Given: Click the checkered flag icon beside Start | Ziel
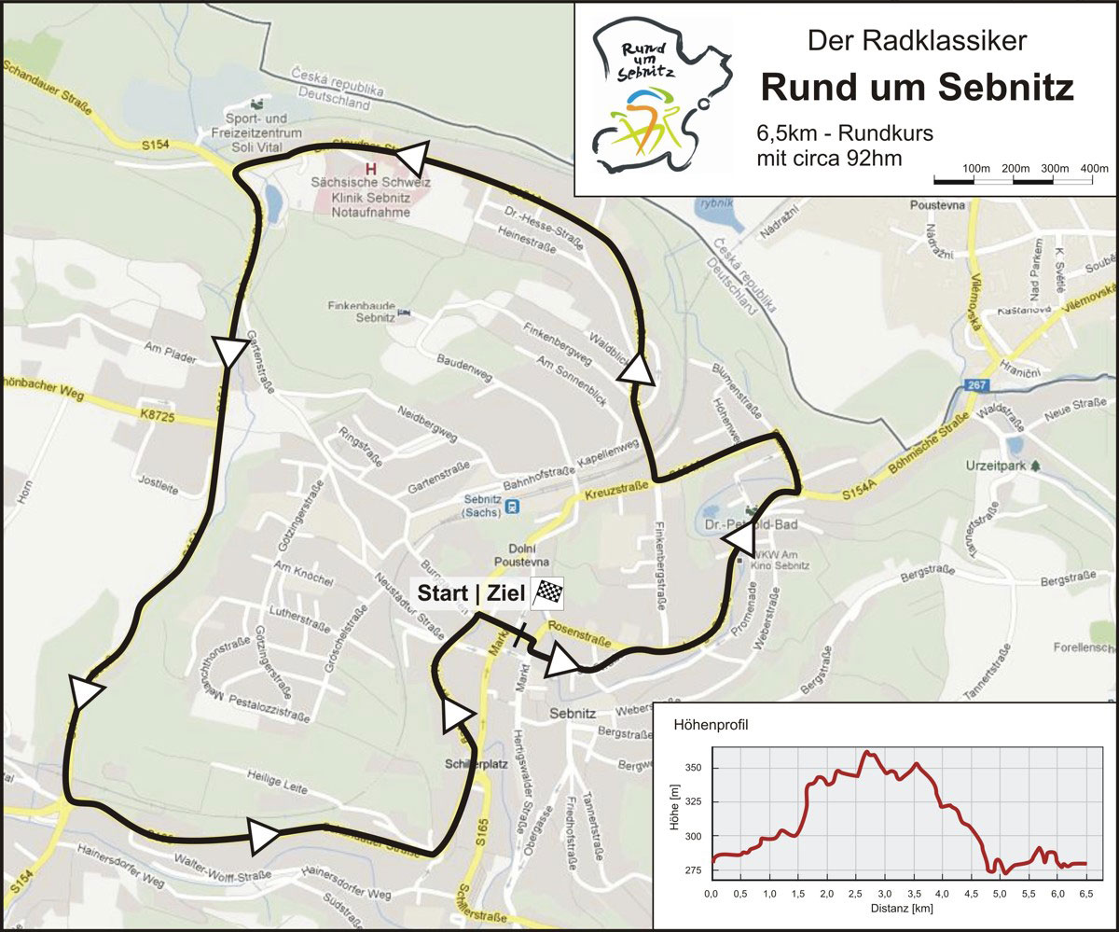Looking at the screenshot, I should (x=547, y=593).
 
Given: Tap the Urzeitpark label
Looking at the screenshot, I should (x=994, y=464).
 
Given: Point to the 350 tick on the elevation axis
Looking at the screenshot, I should (x=690, y=768).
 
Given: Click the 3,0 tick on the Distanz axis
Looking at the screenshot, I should (x=885, y=894).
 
